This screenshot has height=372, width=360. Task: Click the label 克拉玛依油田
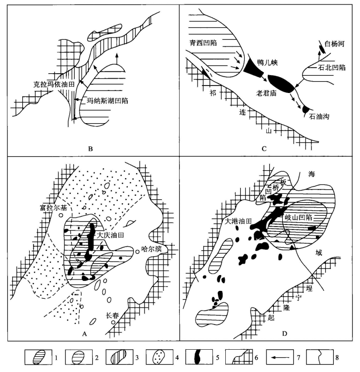tap(53, 84)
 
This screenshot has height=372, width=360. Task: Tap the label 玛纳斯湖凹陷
tap(107, 101)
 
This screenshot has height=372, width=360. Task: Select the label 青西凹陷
tap(203, 43)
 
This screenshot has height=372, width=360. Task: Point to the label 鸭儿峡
tap(267, 63)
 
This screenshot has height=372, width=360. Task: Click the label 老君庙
tap(266, 93)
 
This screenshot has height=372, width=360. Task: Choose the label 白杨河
tap(334, 44)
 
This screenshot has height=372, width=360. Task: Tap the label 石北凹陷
tap(331, 68)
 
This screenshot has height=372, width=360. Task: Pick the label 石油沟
tap(319, 116)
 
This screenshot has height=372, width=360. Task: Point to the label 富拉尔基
tap(53, 208)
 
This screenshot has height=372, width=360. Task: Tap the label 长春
tap(112, 316)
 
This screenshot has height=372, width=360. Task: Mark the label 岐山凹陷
tap(298, 218)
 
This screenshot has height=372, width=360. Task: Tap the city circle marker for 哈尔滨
tap(137, 252)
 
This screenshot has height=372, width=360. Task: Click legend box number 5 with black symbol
tap(199, 357)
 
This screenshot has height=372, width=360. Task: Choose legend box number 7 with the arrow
tap(279, 357)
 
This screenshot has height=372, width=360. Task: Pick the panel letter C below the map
tap(264, 149)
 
